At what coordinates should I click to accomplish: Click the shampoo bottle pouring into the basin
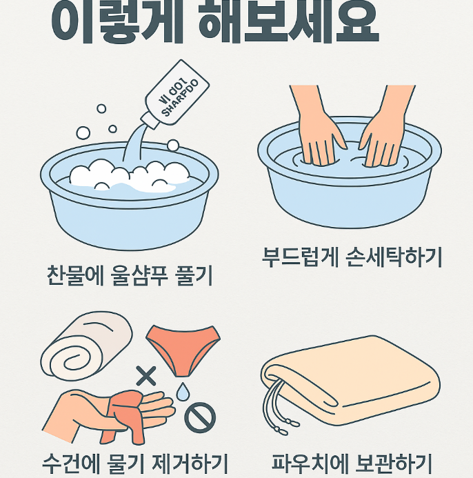tap(177, 97)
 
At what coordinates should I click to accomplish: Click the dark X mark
tap(146, 376)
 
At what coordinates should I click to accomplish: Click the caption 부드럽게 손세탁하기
tap(352, 257)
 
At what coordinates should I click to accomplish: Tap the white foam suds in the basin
tap(131, 176)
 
